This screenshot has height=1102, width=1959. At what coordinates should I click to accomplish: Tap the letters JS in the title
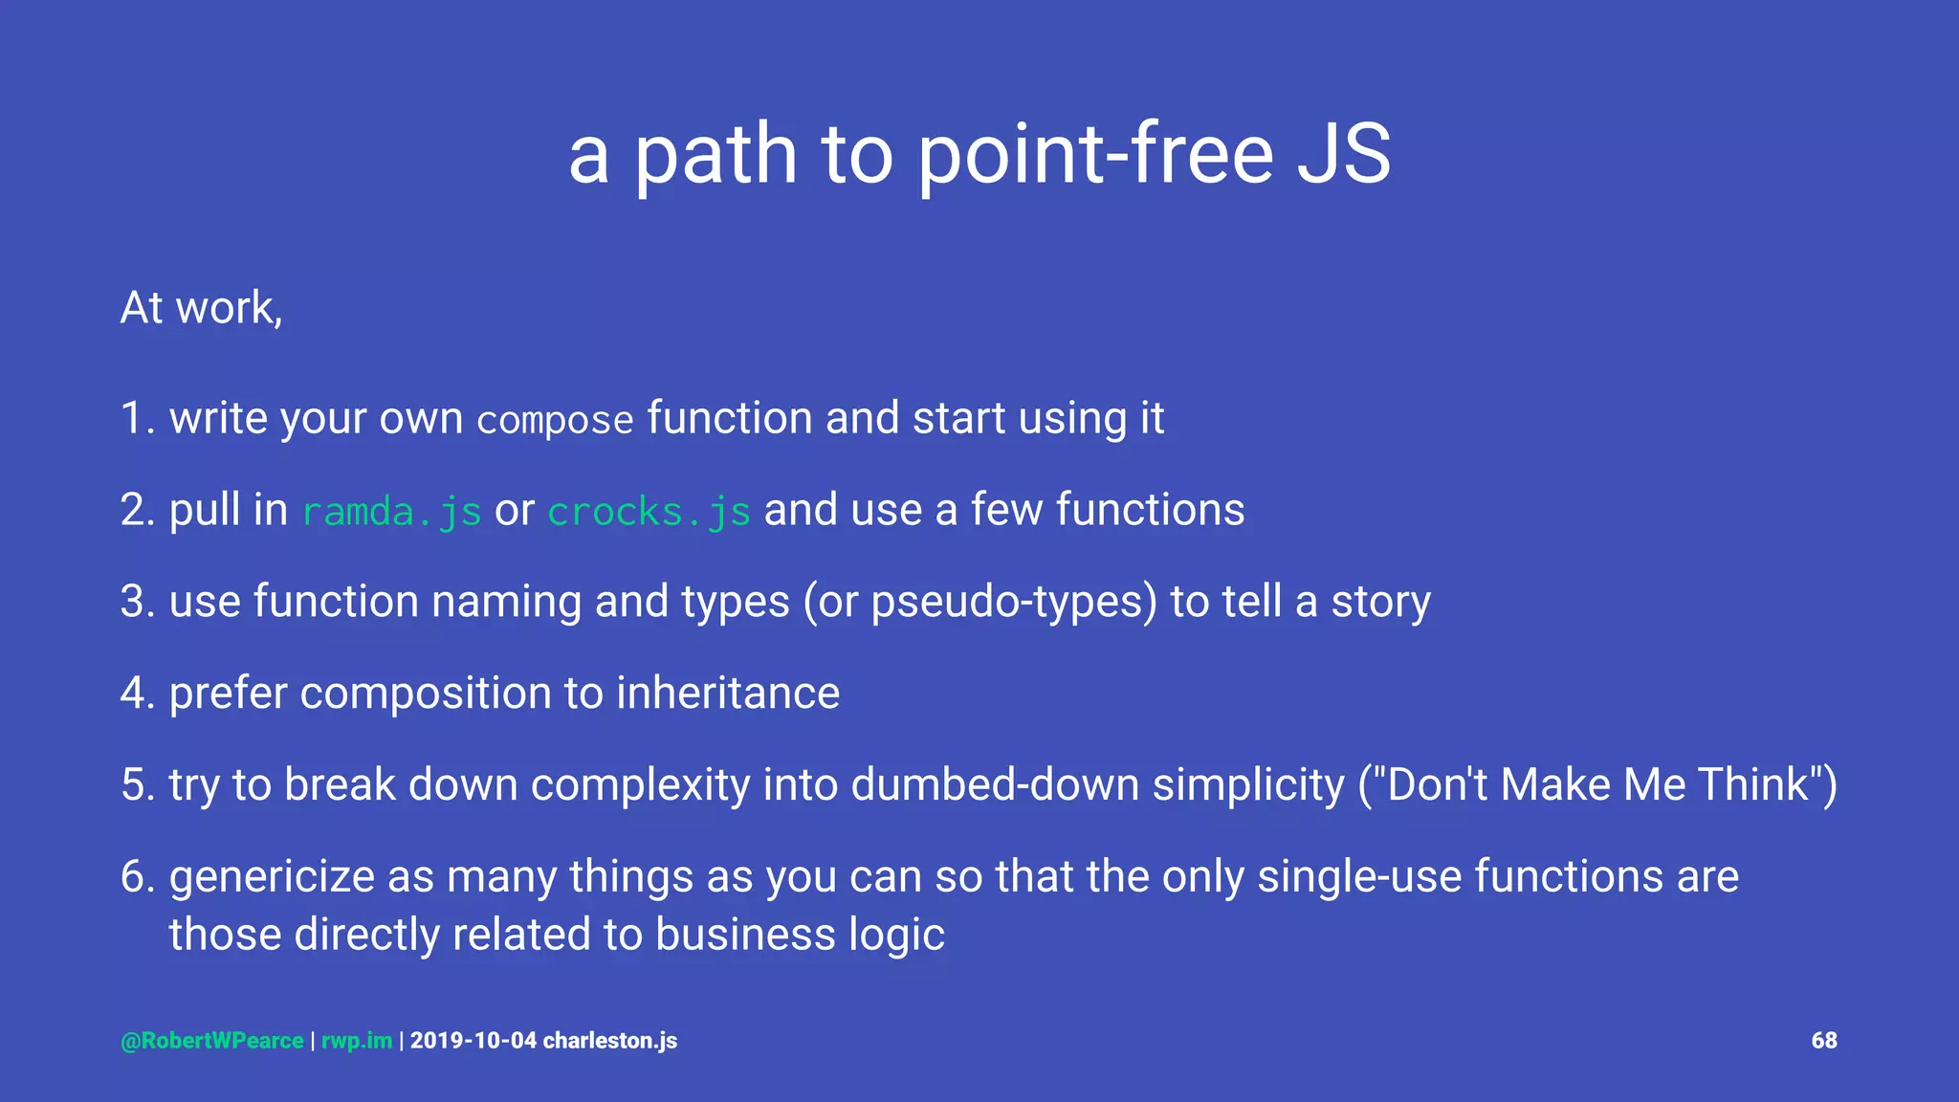[1343, 155]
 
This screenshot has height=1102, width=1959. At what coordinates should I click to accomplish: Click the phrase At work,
[202, 308]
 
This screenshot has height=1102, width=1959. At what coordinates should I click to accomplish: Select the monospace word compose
[555, 421]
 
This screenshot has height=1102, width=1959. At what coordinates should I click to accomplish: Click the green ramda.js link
[392, 512]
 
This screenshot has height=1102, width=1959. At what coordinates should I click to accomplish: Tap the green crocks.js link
[649, 512]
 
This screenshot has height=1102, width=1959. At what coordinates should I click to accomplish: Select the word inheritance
[727, 693]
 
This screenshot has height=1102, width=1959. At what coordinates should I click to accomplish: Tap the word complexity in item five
[640, 784]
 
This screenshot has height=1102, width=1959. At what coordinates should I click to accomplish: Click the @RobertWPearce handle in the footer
[212, 1041]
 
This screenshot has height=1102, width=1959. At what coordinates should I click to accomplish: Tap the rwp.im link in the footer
[357, 1041]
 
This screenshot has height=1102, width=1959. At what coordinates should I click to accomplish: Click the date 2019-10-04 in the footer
[473, 1041]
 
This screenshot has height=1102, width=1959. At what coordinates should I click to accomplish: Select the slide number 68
[1823, 1041]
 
